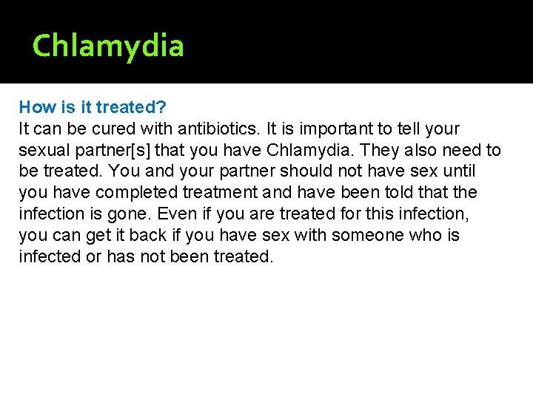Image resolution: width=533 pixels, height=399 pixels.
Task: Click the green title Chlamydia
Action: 108,46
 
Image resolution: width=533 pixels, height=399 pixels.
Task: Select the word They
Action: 365,150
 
